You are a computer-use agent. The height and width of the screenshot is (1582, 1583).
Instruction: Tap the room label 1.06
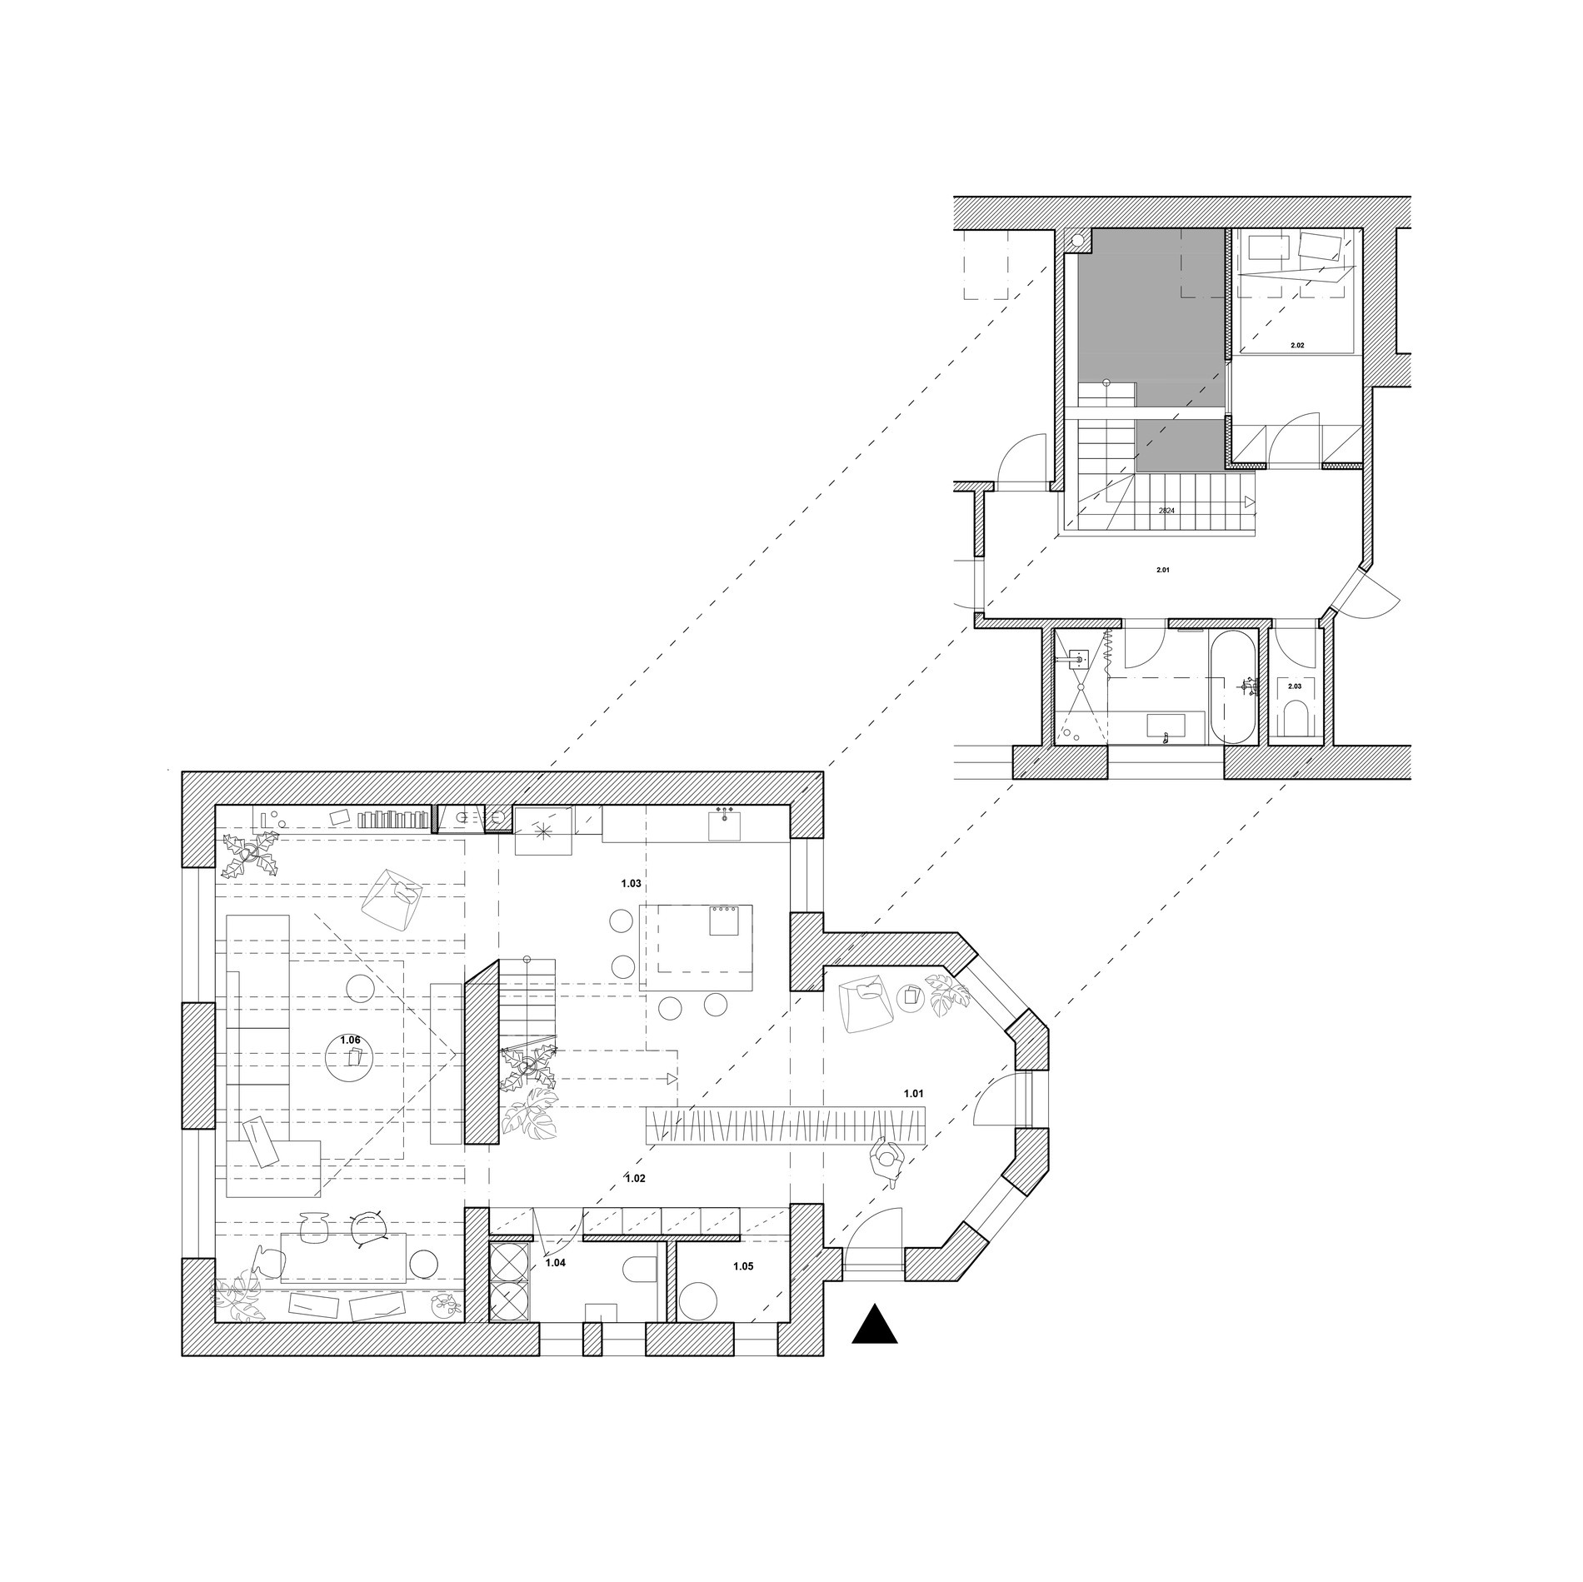(x=351, y=1041)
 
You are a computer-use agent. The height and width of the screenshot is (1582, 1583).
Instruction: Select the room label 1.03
(x=631, y=882)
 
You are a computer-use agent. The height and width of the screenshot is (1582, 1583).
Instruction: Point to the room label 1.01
(x=914, y=1092)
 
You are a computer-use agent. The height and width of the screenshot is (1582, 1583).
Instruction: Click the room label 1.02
(x=635, y=1178)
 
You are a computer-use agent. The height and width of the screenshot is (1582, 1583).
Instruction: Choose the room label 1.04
(x=555, y=1262)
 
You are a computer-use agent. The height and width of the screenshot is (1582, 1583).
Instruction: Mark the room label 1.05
(x=743, y=1265)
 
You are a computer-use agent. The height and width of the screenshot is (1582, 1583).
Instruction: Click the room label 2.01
(x=1163, y=571)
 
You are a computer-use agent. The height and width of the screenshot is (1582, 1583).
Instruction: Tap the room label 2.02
(x=1296, y=344)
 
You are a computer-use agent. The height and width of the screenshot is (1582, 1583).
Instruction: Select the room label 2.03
(x=1294, y=686)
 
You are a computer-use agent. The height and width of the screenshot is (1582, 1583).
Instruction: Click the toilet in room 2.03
(x=1297, y=718)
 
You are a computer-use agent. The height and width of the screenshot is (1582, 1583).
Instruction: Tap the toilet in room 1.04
(x=641, y=1270)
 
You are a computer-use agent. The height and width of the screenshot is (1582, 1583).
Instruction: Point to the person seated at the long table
(x=889, y=1161)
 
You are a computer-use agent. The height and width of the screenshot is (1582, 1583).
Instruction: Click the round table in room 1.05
(x=697, y=1302)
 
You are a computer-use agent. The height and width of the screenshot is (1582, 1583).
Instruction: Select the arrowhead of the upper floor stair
(x=1250, y=502)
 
